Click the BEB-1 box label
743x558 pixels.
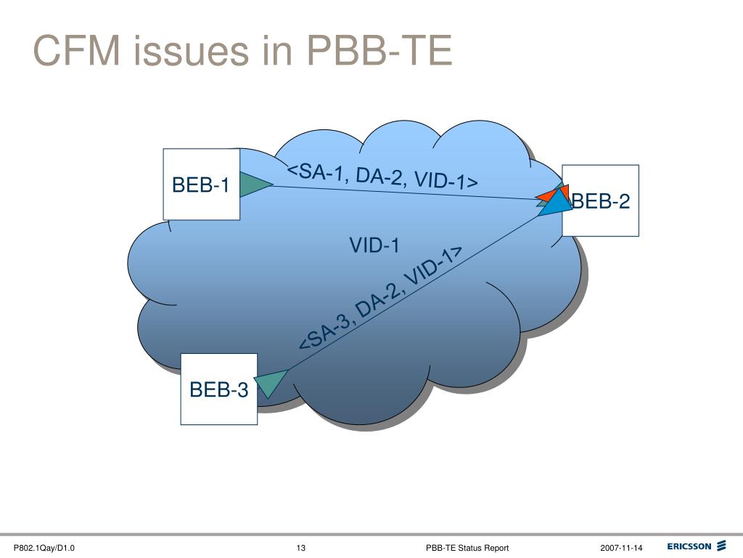coord(201,185)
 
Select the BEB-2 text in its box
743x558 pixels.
coord(601,201)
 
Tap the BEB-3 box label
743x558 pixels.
coord(219,390)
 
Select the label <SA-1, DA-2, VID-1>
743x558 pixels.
coord(382,176)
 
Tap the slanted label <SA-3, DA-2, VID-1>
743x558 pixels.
coord(381,298)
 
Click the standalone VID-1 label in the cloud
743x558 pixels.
coord(374,246)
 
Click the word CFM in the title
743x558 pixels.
coord(75,52)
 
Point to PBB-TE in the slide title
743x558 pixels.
coord(378,52)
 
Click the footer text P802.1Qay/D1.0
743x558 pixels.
coord(45,547)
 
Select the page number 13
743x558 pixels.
coord(300,547)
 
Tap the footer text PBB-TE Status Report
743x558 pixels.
coord(467,547)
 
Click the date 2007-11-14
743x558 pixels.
coord(621,547)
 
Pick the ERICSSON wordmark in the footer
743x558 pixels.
coord(689,546)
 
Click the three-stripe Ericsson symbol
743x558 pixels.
coord(721,546)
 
